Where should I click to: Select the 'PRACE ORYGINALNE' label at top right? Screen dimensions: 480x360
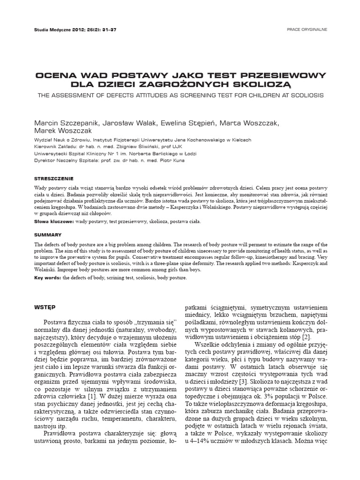307,29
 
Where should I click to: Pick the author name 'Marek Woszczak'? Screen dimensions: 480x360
64,131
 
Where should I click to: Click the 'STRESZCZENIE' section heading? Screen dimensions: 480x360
54,179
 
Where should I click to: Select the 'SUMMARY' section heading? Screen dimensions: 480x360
48,234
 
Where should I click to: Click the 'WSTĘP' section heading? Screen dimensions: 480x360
45,307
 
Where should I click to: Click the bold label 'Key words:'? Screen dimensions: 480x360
48,278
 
